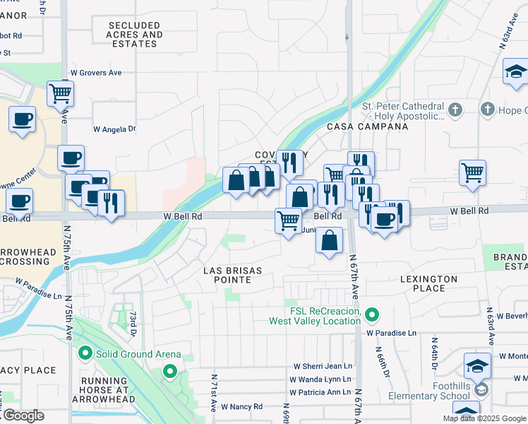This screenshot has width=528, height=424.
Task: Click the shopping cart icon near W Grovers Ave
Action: pos(61,93)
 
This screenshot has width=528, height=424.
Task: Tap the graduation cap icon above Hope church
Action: pos(516,71)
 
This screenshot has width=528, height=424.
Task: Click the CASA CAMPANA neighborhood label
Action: pos(367,126)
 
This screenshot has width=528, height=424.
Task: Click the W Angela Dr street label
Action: pos(114,129)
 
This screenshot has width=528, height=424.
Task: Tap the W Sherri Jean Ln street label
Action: pos(323,366)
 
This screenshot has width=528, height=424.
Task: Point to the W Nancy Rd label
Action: pos(241,406)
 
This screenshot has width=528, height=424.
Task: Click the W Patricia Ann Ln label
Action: pos(320,392)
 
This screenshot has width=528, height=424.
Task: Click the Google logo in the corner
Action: pos(23,416)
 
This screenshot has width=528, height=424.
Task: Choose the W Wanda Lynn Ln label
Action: pos(321,379)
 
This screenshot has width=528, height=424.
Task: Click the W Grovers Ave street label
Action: pos(96,72)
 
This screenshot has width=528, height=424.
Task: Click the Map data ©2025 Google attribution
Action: pos(484,418)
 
